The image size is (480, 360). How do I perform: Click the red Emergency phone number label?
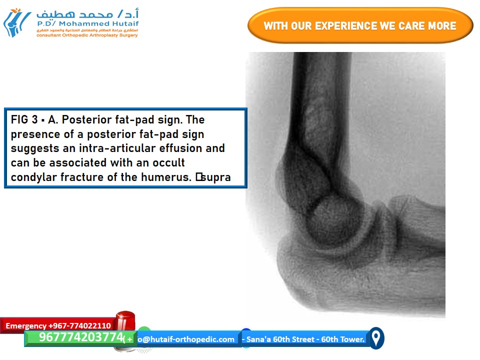(x=58, y=325)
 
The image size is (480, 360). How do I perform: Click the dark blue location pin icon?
(x=376, y=338)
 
